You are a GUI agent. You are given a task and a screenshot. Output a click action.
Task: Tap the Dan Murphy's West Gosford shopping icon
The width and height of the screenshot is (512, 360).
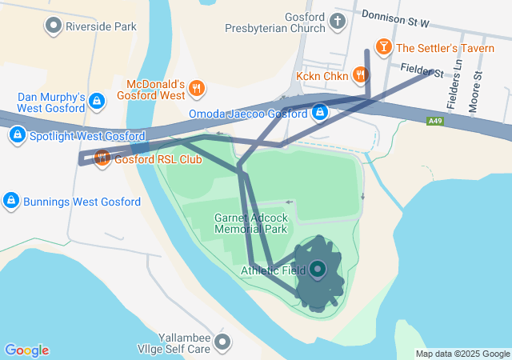[97, 102]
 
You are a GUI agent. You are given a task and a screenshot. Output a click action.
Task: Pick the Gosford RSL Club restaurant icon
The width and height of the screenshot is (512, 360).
[102, 158]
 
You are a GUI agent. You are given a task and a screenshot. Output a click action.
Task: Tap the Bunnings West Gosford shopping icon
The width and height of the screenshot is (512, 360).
[11, 200]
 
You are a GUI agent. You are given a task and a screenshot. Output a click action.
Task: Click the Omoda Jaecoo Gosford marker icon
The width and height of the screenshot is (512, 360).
[320, 113]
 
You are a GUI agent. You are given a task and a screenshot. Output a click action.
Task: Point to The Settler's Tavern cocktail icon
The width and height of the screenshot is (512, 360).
[384, 48]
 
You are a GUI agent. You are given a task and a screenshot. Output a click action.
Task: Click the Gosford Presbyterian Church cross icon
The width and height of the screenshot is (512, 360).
[338, 21]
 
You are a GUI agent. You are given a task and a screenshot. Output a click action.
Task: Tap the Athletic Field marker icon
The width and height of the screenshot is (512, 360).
[318, 270]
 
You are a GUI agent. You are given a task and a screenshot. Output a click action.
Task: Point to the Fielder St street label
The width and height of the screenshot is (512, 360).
[422, 73]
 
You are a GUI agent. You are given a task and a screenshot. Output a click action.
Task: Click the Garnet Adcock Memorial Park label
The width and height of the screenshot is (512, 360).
[250, 223]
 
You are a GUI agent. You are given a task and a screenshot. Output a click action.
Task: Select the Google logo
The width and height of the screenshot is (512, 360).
[26, 350]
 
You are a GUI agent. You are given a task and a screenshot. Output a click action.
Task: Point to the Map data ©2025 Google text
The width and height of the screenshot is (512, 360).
[462, 354]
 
